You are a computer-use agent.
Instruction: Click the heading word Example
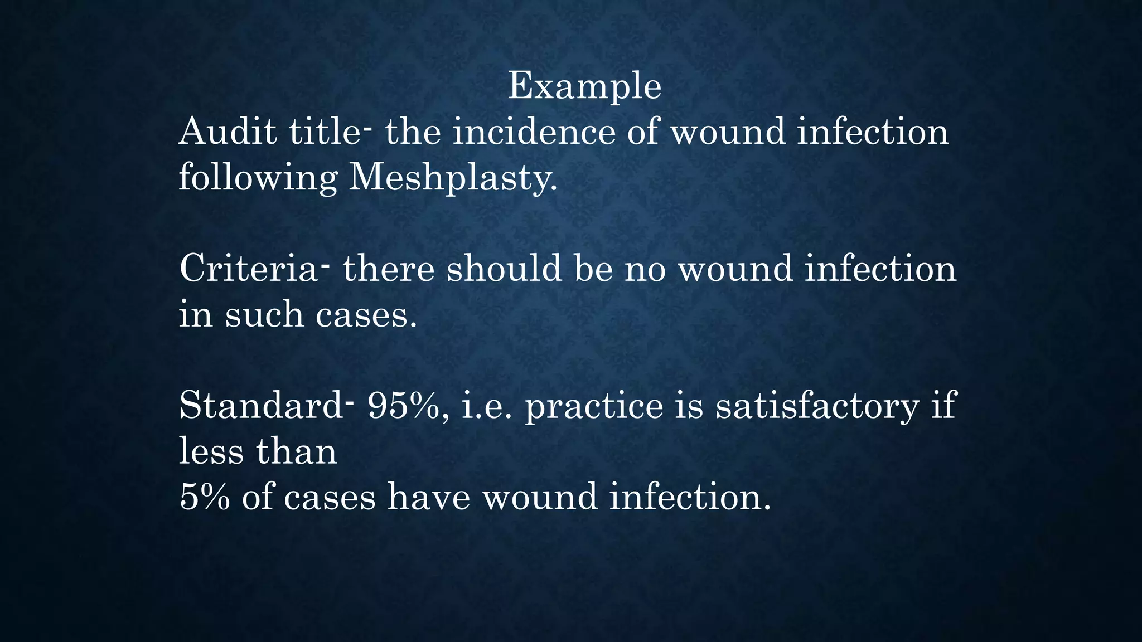click(584, 87)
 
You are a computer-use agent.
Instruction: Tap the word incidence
click(534, 132)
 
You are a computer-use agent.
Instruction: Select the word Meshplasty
click(452, 178)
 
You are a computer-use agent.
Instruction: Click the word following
click(258, 178)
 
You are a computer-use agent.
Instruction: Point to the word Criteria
click(249, 269)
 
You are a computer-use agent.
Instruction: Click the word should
click(504, 269)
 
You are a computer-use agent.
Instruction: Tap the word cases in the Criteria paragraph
click(366, 315)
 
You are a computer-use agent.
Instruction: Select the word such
click(264, 315)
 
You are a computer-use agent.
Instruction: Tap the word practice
click(594, 406)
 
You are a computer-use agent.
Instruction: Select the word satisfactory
click(817, 406)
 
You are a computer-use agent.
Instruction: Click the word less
click(211, 451)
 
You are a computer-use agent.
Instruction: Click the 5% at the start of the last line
click(205, 497)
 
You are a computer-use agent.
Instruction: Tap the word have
click(429, 497)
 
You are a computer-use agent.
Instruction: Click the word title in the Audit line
click(324, 132)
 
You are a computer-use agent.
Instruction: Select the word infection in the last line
click(690, 497)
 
